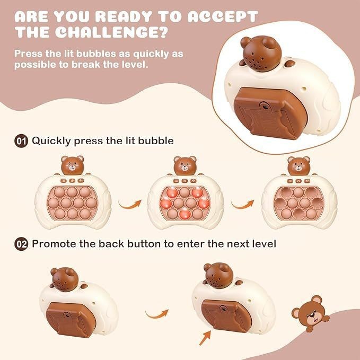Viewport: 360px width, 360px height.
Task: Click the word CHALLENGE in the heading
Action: pyautogui.click(x=111, y=32)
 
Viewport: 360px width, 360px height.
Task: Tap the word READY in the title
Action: pyautogui.click(x=124, y=16)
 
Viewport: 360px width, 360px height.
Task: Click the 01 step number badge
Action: pyautogui.click(x=21, y=141)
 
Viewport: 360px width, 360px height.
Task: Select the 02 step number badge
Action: pyautogui.click(x=21, y=244)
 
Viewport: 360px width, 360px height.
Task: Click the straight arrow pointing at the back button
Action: pyautogui.click(x=205, y=338)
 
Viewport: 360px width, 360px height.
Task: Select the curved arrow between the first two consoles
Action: pyautogui.click(x=130, y=204)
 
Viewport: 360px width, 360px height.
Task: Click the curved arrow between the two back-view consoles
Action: pyautogui.click(x=157, y=314)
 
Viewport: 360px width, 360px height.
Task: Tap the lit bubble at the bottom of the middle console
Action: pyautogui.click(x=185, y=214)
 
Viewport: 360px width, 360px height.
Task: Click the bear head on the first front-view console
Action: pyautogui.click(x=72, y=165)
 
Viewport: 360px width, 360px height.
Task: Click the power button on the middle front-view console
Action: pyautogui.click(x=185, y=181)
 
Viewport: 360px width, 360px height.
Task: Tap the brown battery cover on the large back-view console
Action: pyautogui.click(x=270, y=113)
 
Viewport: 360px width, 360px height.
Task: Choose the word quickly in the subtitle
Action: pyautogui.click(x=151, y=54)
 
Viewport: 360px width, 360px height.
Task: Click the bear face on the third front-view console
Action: pyautogui.click(x=298, y=166)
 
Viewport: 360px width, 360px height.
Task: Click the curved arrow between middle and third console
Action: pyautogui.click(x=243, y=204)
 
